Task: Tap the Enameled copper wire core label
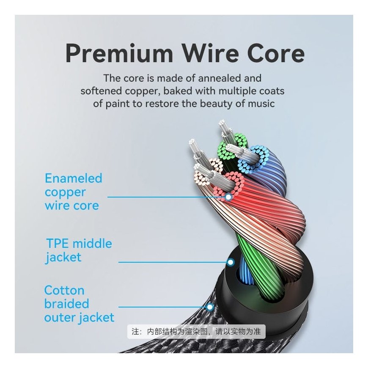pyautogui.click(x=73, y=192)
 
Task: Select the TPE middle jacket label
pyautogui.click(x=79, y=250)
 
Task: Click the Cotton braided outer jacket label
pyautogui.click(x=79, y=304)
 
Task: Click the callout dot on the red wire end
pyautogui.click(x=228, y=197)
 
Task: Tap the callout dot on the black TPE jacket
pyautogui.click(x=231, y=262)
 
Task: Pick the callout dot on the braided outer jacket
pyautogui.click(x=210, y=307)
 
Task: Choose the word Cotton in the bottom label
pyautogui.click(x=64, y=291)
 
